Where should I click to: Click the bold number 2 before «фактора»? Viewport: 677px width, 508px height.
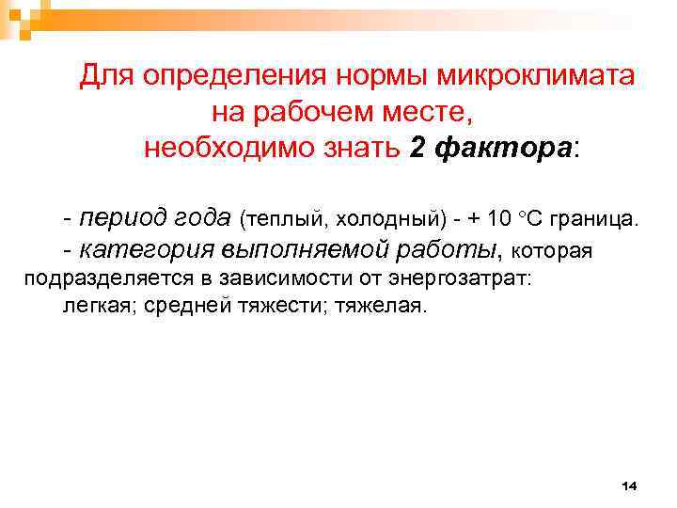pos(419,148)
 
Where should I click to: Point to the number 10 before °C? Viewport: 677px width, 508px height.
pos(500,220)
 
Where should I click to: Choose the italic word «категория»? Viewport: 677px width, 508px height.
pos(148,249)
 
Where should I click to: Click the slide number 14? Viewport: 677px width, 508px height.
pos(629,485)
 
